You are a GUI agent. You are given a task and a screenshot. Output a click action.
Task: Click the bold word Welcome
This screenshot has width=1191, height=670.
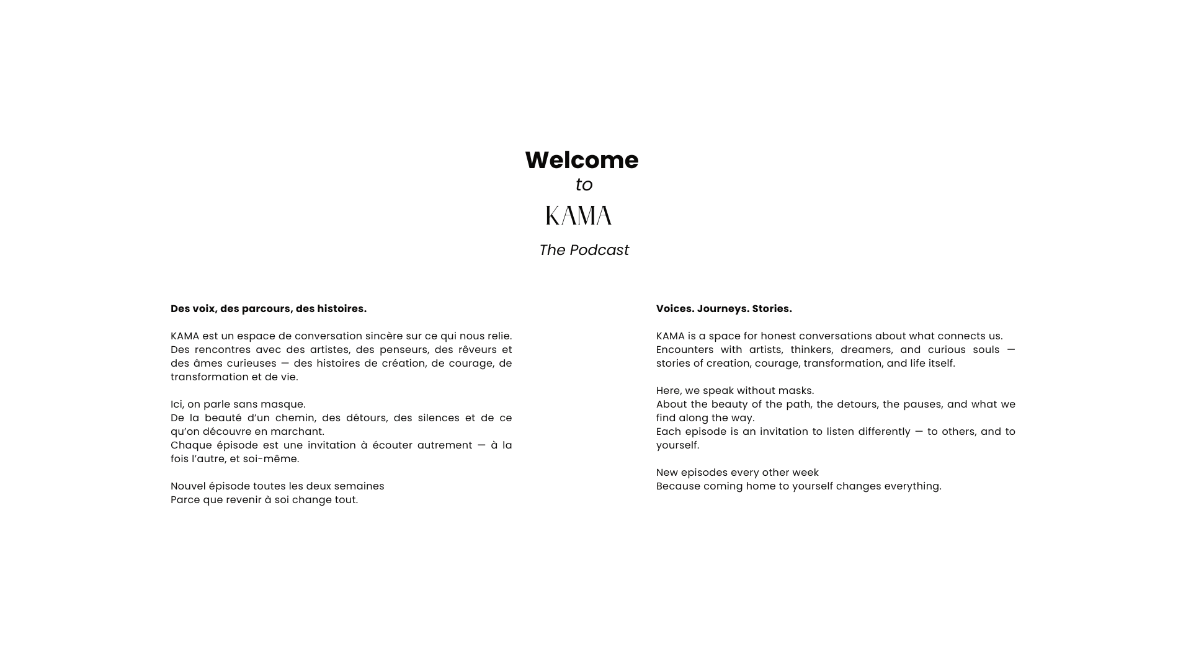click(581, 160)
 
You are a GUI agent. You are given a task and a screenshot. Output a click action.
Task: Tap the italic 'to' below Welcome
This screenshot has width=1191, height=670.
click(584, 185)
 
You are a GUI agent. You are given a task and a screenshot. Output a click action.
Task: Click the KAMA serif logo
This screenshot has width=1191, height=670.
click(579, 216)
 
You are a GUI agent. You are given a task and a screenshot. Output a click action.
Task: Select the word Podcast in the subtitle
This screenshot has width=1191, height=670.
click(599, 250)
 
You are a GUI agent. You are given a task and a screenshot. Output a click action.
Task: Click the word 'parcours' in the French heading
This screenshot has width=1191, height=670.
click(266, 309)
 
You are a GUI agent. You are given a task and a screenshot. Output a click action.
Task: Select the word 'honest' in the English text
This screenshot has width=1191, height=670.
click(778, 336)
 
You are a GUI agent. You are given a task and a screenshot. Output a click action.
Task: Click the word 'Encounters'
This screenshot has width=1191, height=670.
click(685, 350)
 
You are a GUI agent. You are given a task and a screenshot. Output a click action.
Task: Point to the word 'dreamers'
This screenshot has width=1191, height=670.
click(866, 350)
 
